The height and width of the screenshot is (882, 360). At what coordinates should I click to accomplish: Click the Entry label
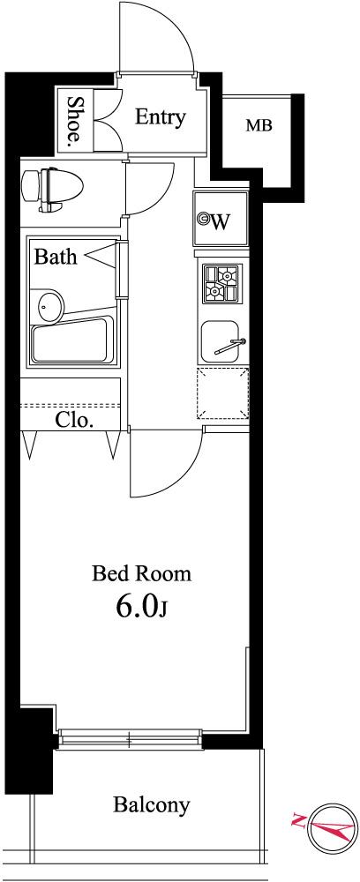point(161,118)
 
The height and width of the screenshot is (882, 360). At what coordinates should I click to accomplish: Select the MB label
point(259,125)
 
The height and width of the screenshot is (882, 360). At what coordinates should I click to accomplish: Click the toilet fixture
point(52,189)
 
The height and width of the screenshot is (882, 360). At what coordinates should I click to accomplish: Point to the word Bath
point(56,257)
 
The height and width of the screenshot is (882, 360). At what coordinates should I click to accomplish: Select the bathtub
point(74,340)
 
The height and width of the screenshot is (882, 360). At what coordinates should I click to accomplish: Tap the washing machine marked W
point(221,219)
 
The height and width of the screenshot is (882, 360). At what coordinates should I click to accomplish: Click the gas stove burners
point(221,283)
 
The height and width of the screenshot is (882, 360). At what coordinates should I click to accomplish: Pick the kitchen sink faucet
point(230,346)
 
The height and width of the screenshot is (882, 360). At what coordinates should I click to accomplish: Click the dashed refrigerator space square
point(222,393)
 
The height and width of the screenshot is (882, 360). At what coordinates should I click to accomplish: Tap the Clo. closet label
point(74,420)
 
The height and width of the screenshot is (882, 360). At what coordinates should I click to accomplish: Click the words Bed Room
point(141,574)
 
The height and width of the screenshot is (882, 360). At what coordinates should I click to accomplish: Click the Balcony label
point(151,805)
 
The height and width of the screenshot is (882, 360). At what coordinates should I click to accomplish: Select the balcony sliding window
point(130,738)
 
